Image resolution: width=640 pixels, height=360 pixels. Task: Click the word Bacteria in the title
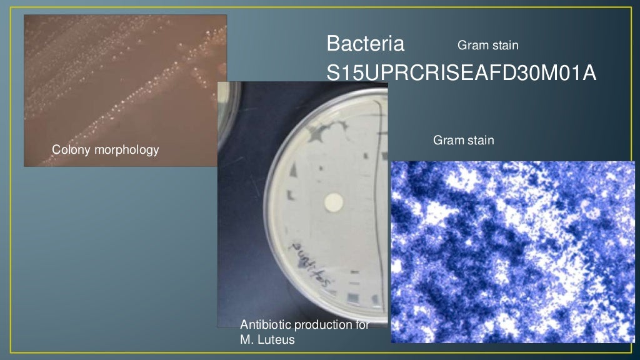(366, 44)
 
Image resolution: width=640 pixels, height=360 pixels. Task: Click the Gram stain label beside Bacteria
(488, 46)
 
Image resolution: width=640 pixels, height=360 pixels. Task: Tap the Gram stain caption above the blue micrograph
(464, 141)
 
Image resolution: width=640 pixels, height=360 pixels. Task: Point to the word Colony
(70, 150)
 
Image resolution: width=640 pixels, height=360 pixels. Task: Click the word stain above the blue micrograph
(479, 141)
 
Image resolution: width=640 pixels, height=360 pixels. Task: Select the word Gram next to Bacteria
(471, 46)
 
